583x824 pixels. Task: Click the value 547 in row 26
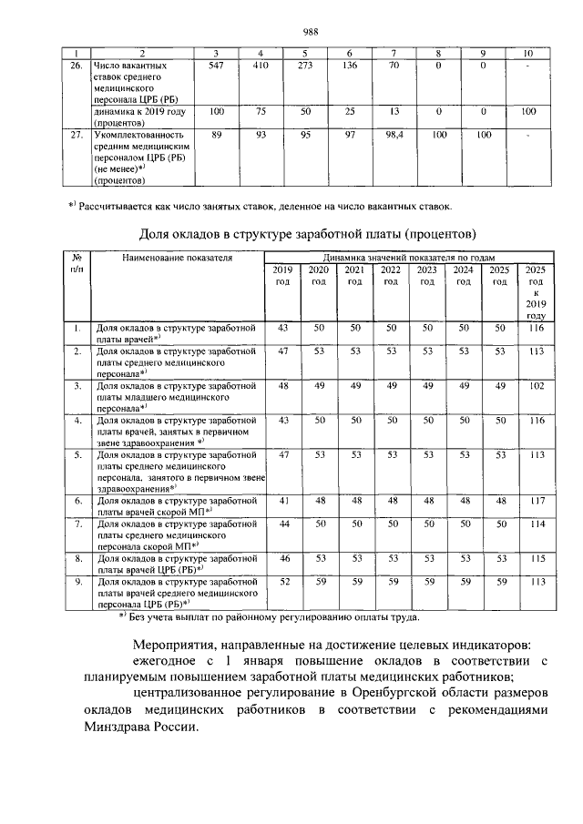(x=216, y=66)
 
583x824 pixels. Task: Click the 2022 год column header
(x=390, y=276)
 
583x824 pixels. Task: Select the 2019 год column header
(x=281, y=276)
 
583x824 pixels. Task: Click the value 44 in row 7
(x=282, y=524)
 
